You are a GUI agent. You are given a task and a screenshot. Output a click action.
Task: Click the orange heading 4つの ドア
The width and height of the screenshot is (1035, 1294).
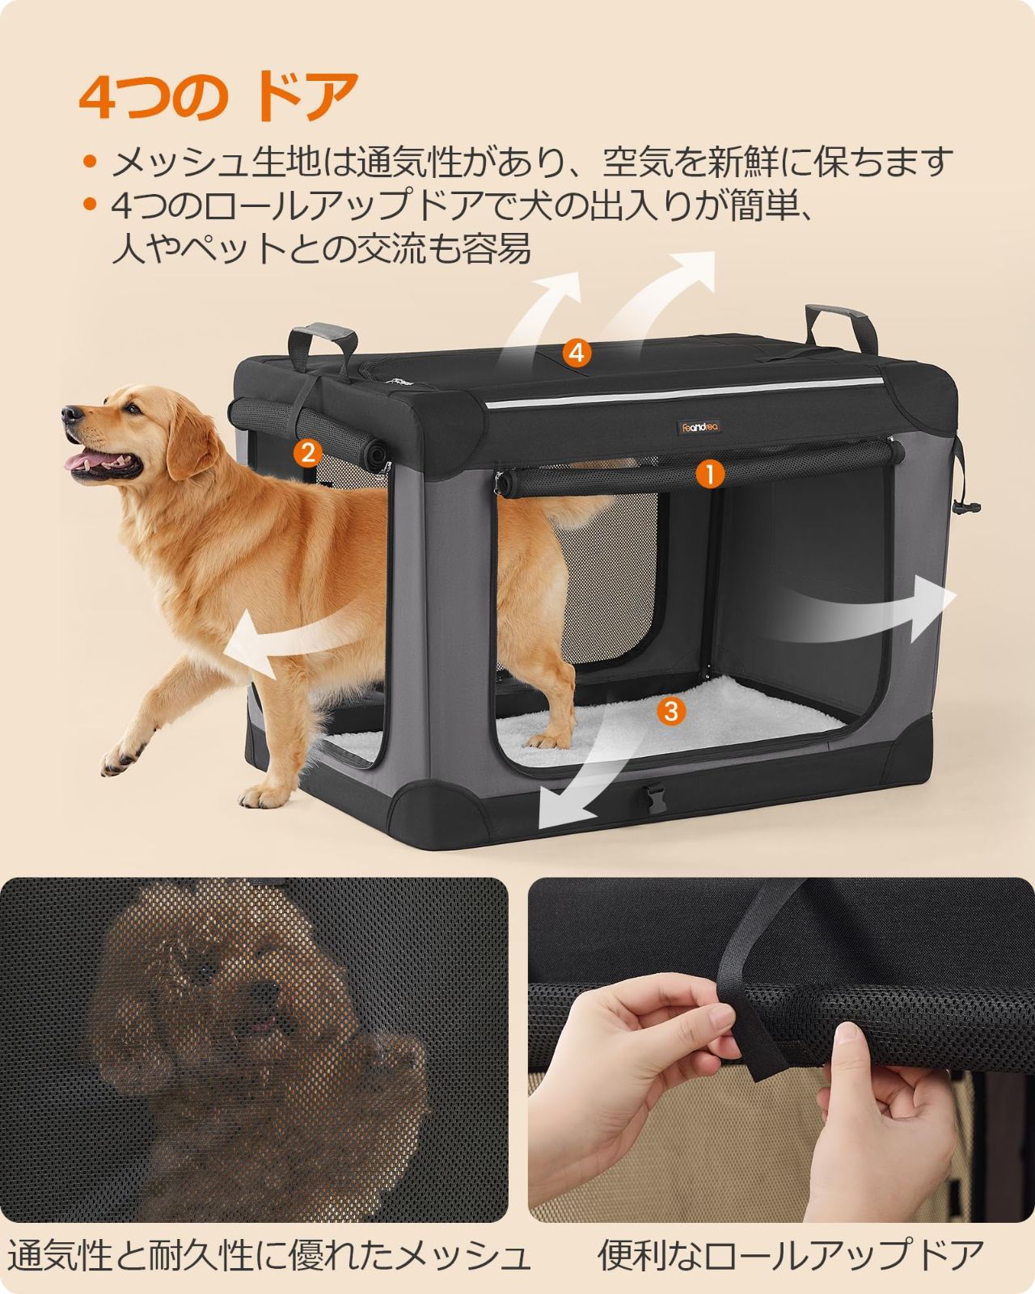pyautogui.click(x=218, y=98)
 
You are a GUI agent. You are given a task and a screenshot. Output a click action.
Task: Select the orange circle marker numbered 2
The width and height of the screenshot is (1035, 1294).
pyautogui.click(x=307, y=452)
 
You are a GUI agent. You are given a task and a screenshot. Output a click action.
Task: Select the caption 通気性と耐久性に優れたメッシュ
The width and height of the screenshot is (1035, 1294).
pyautogui.click(x=268, y=1255)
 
